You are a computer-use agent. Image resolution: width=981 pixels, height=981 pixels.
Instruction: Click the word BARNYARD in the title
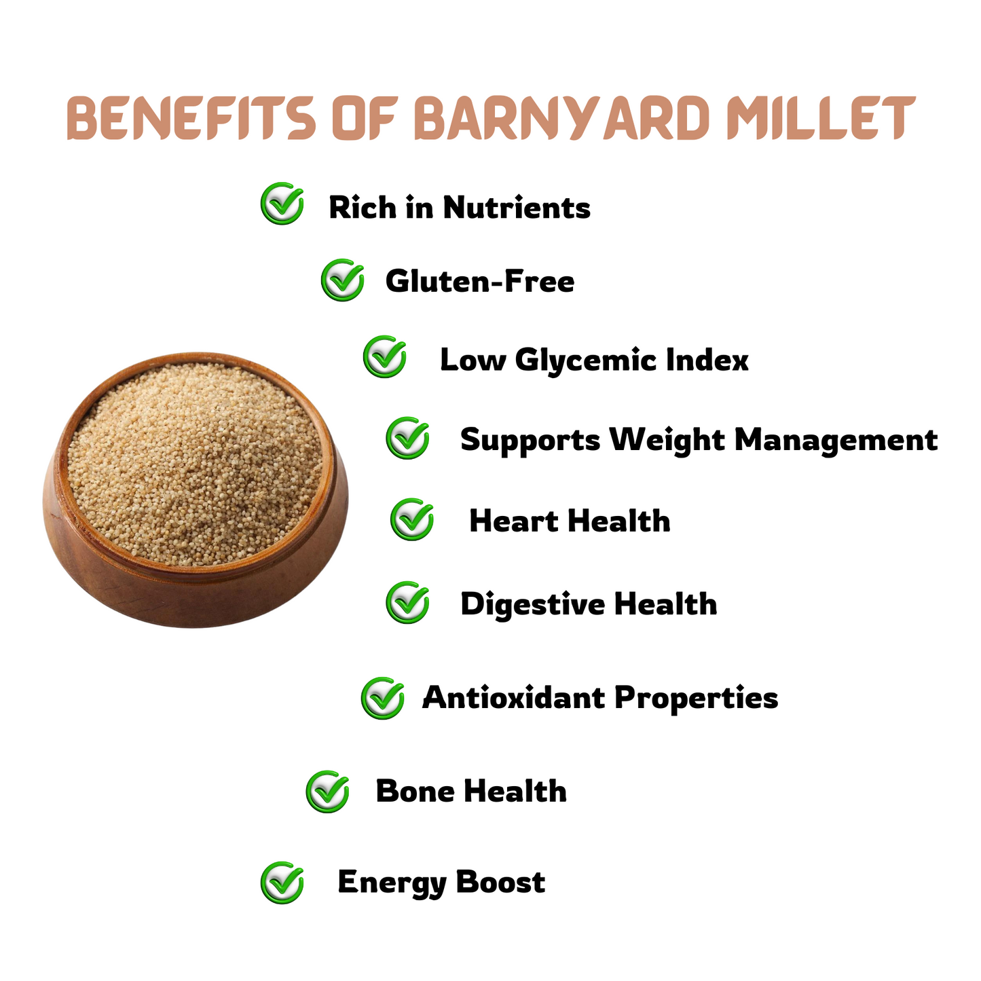[x=563, y=117]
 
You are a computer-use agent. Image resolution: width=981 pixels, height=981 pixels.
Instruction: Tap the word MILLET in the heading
[x=821, y=117]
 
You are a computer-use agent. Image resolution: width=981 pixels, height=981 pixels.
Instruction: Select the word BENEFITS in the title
[x=191, y=117]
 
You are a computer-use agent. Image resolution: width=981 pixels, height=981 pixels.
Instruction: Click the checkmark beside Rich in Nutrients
[x=282, y=203]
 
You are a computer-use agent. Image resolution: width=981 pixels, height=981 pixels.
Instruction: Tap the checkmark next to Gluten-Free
[x=343, y=280]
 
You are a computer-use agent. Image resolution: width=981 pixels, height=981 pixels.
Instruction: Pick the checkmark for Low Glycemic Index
[x=385, y=356]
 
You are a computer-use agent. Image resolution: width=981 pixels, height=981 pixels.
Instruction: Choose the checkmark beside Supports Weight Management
[x=407, y=438]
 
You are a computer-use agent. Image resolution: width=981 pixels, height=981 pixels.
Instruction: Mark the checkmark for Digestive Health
[x=407, y=602]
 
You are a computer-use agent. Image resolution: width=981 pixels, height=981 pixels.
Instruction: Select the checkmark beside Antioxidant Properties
[x=383, y=698]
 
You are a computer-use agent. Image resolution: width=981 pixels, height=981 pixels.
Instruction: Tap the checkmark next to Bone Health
[x=327, y=791]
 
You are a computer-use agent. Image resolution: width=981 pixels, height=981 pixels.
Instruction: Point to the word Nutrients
[x=517, y=208]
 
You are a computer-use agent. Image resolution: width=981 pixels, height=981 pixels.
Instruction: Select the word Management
[x=836, y=440]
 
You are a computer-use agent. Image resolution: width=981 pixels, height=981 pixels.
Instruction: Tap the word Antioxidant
[x=514, y=697]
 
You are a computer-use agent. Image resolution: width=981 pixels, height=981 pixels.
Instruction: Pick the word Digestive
[x=532, y=604]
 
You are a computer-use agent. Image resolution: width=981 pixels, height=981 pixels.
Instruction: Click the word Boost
[x=500, y=882]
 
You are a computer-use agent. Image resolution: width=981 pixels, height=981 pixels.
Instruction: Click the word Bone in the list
[x=415, y=791]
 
